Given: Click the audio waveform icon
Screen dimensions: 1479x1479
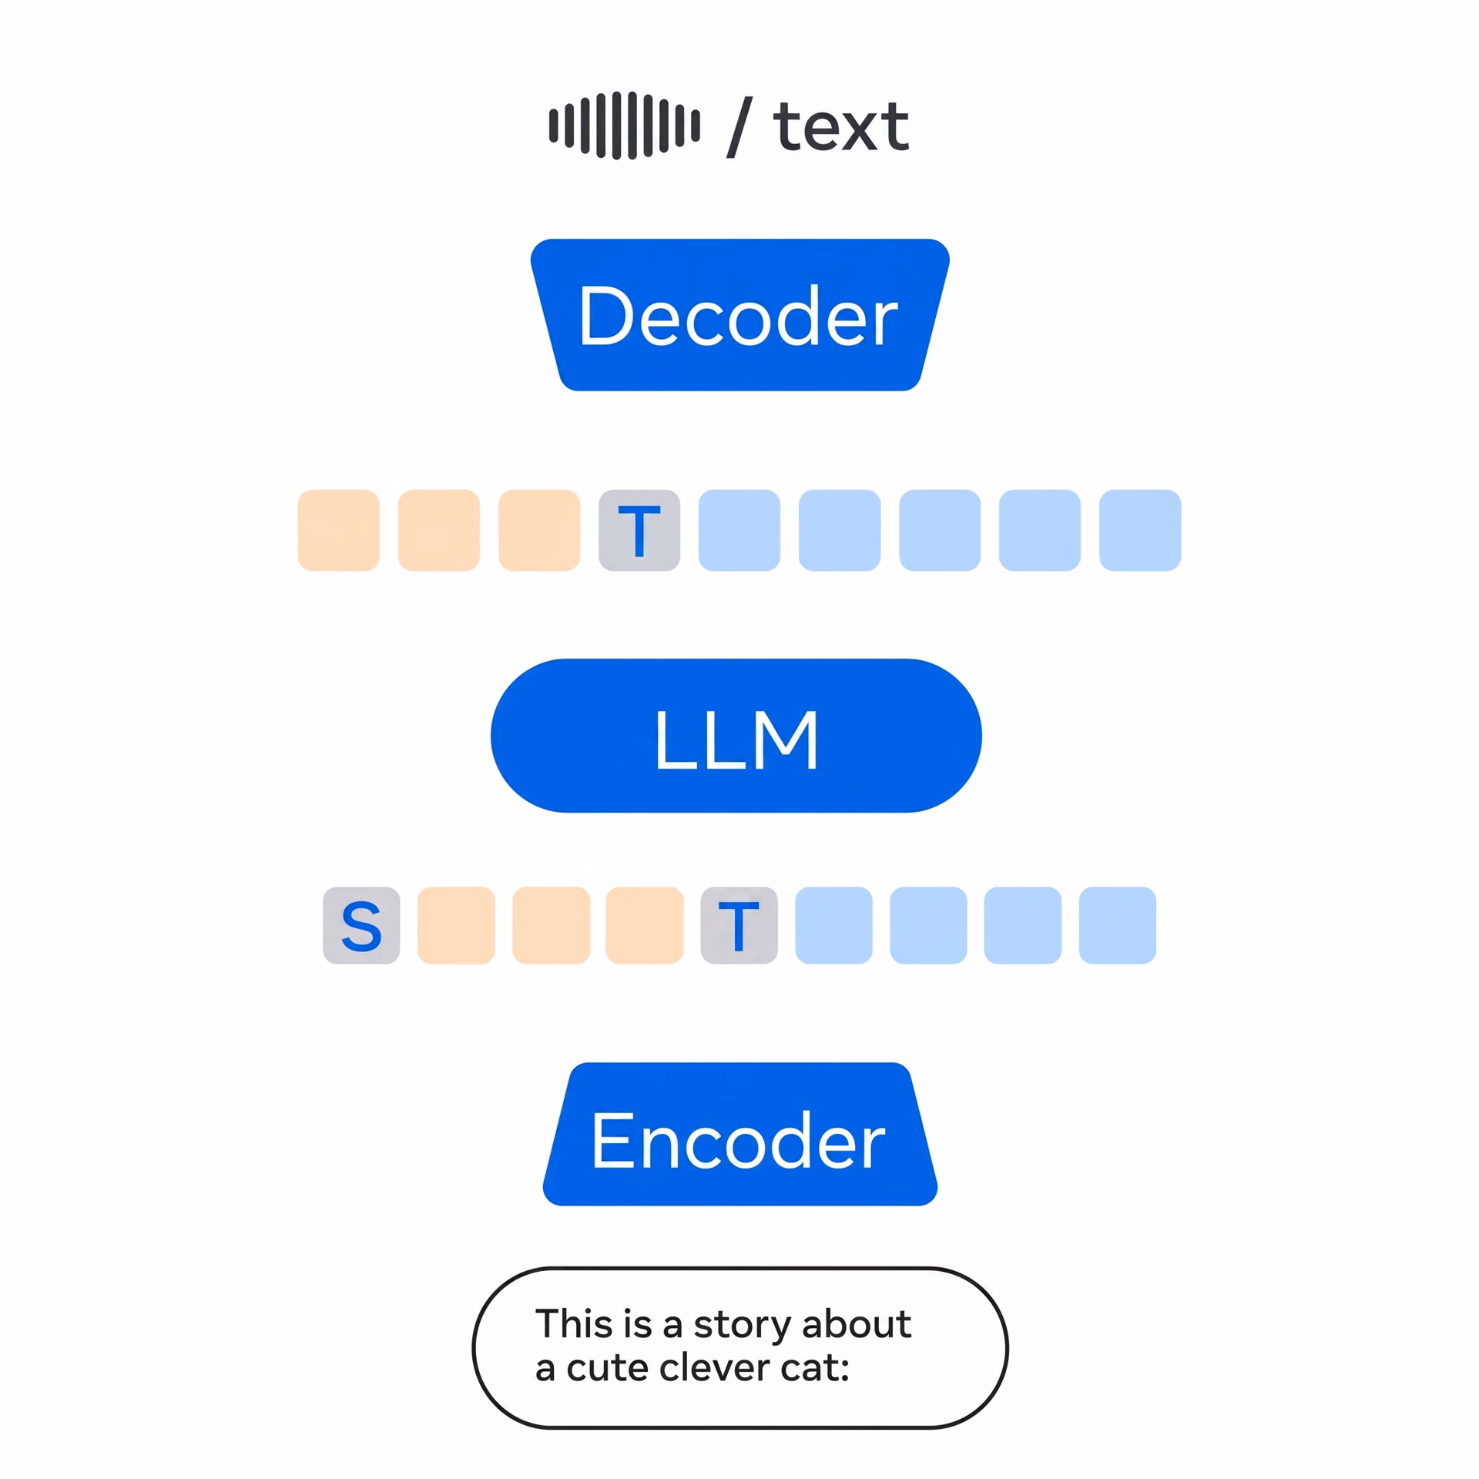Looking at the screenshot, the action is [x=624, y=125].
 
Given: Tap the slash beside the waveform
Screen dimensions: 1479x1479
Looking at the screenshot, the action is [x=739, y=128].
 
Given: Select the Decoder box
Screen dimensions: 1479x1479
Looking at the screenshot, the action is [x=739, y=314].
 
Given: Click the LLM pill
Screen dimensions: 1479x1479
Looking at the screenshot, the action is [x=736, y=736].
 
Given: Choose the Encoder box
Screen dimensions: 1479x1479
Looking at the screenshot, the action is [x=739, y=1134].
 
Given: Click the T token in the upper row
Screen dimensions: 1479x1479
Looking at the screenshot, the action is [x=639, y=530].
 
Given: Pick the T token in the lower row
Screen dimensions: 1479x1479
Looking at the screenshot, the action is [x=739, y=925].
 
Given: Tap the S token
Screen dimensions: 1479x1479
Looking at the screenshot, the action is [x=361, y=925].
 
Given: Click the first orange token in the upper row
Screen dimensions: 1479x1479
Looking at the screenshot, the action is [x=339, y=530].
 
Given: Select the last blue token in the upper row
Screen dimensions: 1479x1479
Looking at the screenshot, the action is [x=1140, y=530].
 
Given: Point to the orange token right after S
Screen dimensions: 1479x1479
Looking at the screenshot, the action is [x=456, y=925].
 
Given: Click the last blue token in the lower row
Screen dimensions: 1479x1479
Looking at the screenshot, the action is [x=1118, y=925].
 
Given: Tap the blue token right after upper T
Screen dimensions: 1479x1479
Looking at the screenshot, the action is [x=739, y=530].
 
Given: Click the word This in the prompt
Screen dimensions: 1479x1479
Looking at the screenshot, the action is [x=575, y=1324].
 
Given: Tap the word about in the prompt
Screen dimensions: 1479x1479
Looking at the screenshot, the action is [x=857, y=1324].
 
